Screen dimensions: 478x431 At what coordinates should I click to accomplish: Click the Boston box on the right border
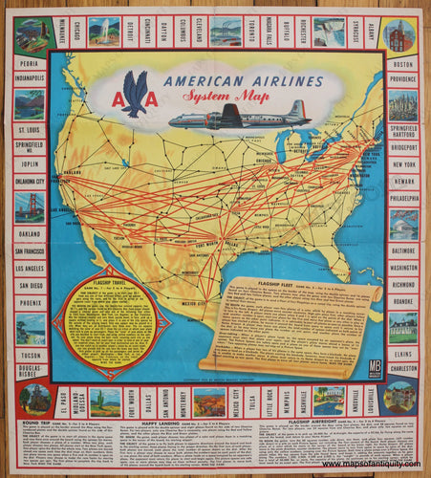402,63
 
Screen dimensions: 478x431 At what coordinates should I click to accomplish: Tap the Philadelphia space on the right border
402,200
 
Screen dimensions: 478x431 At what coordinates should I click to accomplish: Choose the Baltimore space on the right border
402,250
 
